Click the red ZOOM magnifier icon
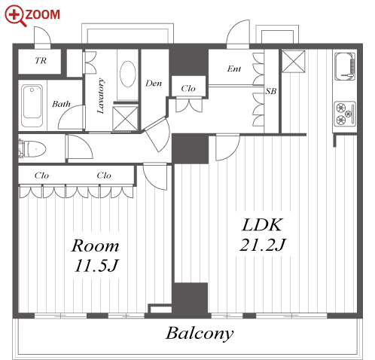pyautogui.click(x=15, y=15)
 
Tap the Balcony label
pyautogui.click(x=200, y=334)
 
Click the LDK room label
pyautogui.click(x=262, y=224)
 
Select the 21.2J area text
pyautogui.click(x=263, y=245)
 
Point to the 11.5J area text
pyautogui.click(x=96, y=266)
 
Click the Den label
pyautogui.click(x=154, y=83)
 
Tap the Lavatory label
pyautogui.click(x=101, y=96)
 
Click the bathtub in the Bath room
pyautogui.click(x=32, y=105)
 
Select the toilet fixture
pyautogui.click(x=32, y=149)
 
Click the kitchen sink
pyautogui.click(x=345, y=66)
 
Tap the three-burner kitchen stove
pyautogui.click(x=345, y=114)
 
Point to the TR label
pyautogui.click(x=41, y=60)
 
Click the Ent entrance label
pyautogui.click(x=234, y=69)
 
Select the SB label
pyautogui.click(x=271, y=91)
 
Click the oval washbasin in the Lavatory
pyautogui.click(x=128, y=74)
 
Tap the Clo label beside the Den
pyautogui.click(x=188, y=88)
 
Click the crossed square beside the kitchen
pyautogui.click(x=294, y=62)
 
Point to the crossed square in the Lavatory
pyautogui.click(x=125, y=119)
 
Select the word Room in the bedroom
pyautogui.click(x=95, y=246)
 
